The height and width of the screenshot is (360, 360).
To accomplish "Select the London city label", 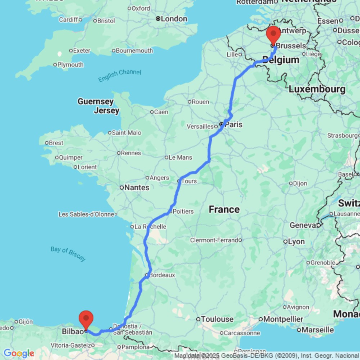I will [x=174, y=19].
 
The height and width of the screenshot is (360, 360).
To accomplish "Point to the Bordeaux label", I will [x=162, y=275].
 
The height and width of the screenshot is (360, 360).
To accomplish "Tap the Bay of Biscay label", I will [x=68, y=253].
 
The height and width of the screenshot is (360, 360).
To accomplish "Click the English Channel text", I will [x=120, y=75].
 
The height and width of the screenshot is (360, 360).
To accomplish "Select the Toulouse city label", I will [x=217, y=319].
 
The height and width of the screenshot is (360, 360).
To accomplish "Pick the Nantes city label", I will [x=136, y=188].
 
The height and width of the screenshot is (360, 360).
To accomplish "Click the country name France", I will [x=224, y=210].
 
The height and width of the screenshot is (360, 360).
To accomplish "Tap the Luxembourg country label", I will [x=317, y=89].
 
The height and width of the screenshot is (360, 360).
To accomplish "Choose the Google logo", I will [x=19, y=354].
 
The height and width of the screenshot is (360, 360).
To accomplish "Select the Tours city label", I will [x=189, y=181].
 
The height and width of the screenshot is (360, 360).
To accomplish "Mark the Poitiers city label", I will [x=183, y=211].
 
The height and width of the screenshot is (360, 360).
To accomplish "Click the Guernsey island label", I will [x=95, y=102].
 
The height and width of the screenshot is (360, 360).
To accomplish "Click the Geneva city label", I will [x=303, y=225].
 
